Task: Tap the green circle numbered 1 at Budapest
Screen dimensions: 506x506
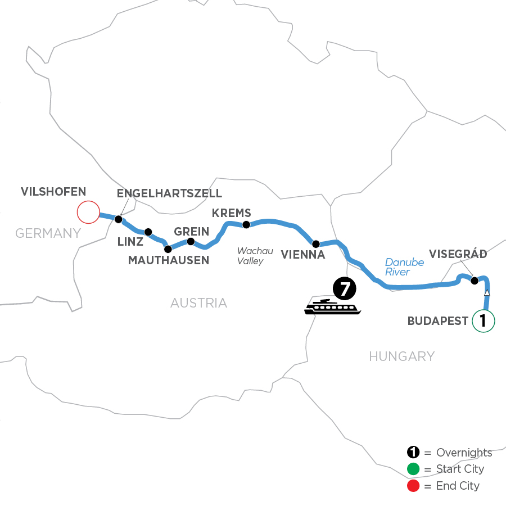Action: point(483,321)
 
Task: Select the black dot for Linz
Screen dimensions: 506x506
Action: point(148,232)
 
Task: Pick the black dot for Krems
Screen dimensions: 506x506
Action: point(246,225)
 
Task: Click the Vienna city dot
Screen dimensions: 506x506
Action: point(316,244)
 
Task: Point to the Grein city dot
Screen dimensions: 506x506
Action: point(191,242)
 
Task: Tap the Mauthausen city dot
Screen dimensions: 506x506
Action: point(167,249)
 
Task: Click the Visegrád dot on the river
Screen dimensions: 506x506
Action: point(474,281)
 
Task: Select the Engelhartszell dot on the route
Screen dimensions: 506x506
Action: point(119,219)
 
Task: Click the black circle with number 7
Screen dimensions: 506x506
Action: point(345,289)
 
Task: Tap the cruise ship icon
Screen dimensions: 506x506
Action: point(332,307)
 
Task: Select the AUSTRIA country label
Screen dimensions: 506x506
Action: point(199,304)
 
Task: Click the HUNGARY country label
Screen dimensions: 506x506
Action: point(402,356)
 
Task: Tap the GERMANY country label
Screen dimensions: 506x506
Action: point(48,233)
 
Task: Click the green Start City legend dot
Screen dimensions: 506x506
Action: point(413,469)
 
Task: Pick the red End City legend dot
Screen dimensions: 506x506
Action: point(413,485)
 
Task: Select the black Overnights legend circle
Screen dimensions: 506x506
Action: point(413,453)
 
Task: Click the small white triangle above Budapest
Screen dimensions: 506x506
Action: point(487,293)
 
